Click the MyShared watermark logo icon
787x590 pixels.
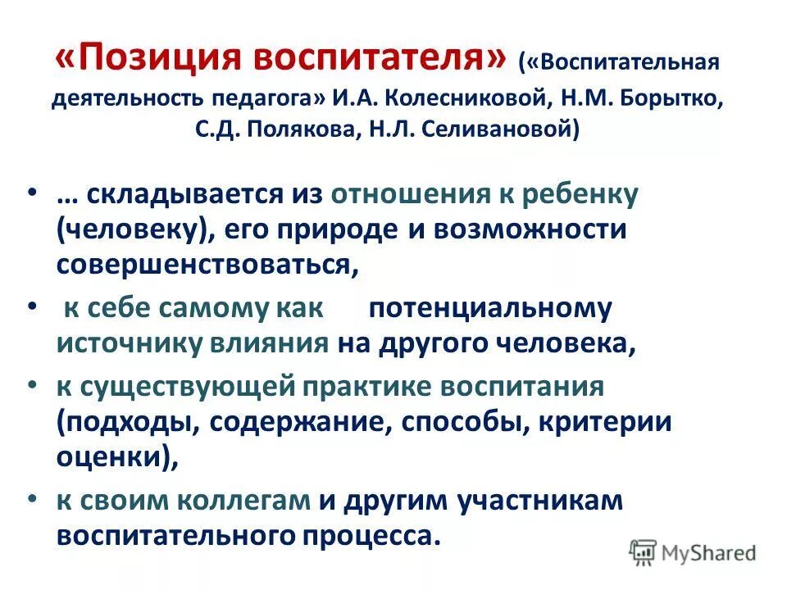pos(644,552)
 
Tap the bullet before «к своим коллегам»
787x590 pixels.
pos(31,497)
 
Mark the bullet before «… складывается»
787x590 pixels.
pos(31,192)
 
